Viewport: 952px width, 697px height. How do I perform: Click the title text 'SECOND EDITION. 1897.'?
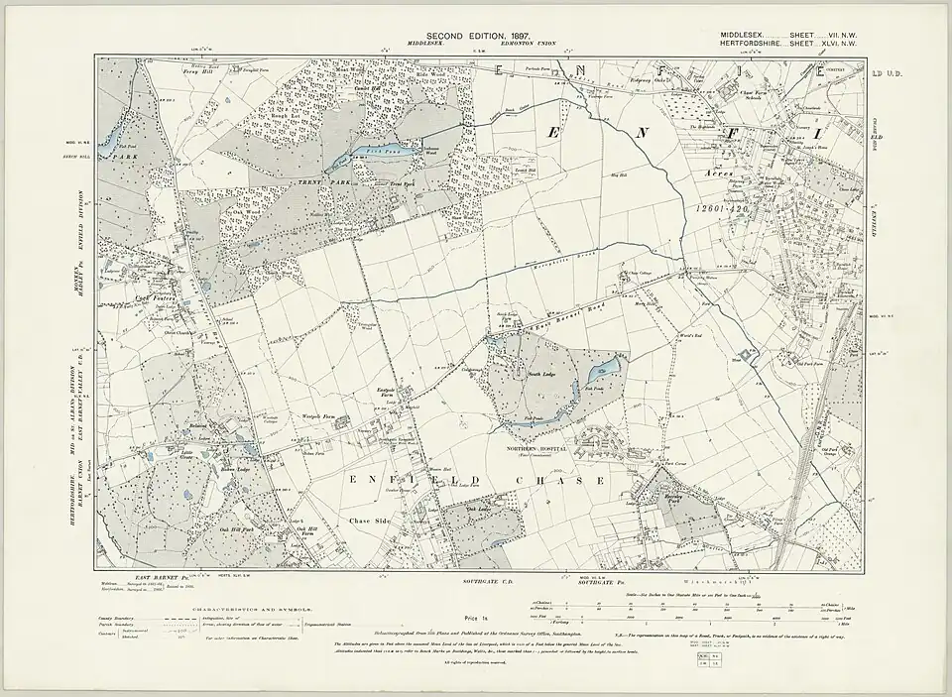[x=475, y=36]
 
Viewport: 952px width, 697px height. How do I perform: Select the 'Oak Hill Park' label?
[x=237, y=530]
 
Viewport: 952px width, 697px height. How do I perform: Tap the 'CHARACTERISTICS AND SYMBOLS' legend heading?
[x=248, y=601]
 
